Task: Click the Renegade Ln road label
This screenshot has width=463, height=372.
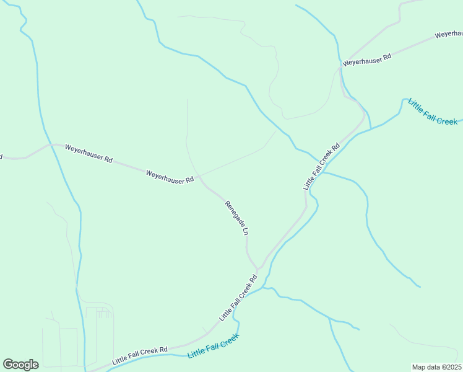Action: (236, 218)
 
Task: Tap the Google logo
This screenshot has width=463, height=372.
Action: (20, 365)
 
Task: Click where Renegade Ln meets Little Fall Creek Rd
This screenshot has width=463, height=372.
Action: (259, 269)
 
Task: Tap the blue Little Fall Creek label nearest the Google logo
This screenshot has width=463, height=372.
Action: (213, 345)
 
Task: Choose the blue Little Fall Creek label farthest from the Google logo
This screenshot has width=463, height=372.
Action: (433, 112)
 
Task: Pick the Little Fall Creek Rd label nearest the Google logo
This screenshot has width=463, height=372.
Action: (140, 355)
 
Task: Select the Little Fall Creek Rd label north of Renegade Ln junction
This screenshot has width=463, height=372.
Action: (322, 167)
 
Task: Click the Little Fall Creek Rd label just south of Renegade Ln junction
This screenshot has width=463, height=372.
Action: (238, 298)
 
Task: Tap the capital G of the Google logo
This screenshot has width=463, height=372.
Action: (8, 364)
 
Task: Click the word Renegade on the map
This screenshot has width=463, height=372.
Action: (233, 213)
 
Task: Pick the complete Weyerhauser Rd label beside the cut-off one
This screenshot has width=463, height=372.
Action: (368, 60)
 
